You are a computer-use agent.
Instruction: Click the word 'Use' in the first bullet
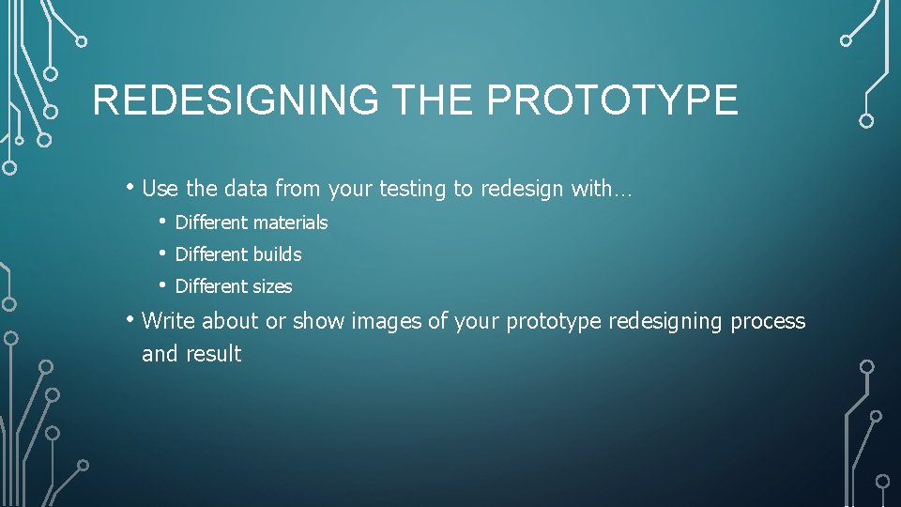(160, 189)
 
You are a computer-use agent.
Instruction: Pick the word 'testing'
(413, 190)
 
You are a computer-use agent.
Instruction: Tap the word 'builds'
(277, 254)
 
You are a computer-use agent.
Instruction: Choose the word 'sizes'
(272, 286)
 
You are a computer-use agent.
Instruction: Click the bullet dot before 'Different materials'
(162, 222)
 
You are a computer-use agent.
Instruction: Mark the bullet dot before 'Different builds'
(162, 253)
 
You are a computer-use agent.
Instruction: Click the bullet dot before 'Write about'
(130, 319)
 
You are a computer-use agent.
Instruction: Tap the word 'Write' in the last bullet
(169, 321)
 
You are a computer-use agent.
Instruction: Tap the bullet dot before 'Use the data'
(130, 187)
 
